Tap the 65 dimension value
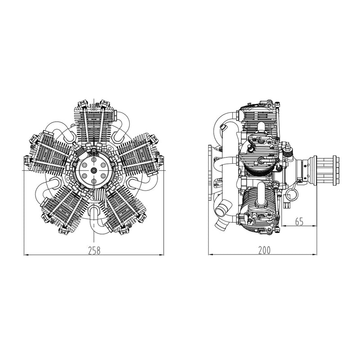pos(299,221)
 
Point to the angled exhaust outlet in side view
pos(222,211)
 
